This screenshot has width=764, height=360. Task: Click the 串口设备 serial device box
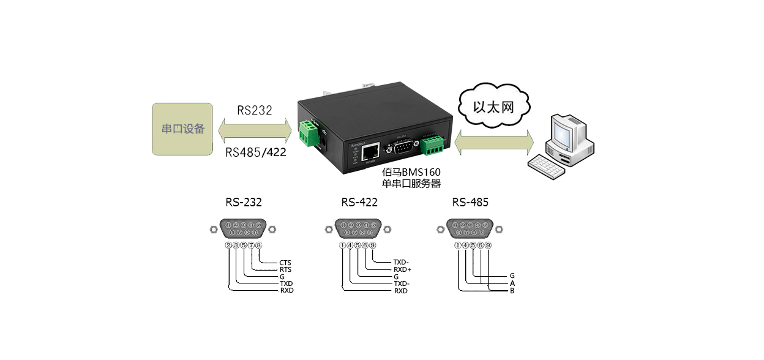(182, 129)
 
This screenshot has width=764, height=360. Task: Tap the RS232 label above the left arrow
(254, 110)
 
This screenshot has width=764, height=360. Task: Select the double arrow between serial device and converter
(254, 130)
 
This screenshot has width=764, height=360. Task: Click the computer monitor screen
(561, 129)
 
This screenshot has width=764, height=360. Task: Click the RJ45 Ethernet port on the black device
(372, 150)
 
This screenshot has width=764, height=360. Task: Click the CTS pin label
(285, 263)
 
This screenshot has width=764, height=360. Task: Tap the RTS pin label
(285, 270)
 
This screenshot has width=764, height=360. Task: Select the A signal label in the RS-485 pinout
(512, 283)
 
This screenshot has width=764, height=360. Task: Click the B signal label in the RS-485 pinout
(512, 291)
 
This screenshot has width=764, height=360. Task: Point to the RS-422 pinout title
(359, 201)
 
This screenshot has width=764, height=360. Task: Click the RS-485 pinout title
(470, 201)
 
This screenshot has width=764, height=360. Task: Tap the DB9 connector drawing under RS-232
(243, 229)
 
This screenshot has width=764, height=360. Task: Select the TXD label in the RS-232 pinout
(286, 284)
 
